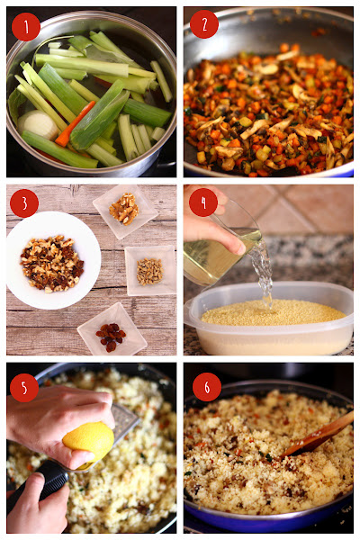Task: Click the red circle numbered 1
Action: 26,27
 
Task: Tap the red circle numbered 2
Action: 204,24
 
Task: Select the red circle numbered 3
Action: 24,203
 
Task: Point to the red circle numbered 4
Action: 203,202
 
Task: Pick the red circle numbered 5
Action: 24,388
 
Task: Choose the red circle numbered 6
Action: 207,387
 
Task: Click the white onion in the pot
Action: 38,124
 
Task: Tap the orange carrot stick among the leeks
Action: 75,123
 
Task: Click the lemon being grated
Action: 88,442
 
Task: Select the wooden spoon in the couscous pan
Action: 318,434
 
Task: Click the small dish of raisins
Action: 112,329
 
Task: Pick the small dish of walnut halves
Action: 125,210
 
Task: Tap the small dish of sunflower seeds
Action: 150,271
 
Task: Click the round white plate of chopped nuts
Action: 53,260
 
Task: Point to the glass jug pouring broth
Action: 220,251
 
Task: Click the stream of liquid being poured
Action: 264,272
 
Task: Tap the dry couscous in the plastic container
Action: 273,312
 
